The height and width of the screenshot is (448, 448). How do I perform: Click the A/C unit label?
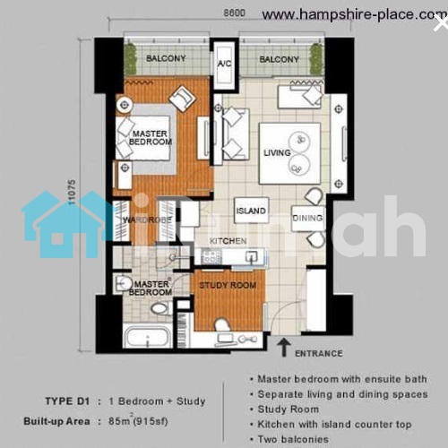(x=224, y=64)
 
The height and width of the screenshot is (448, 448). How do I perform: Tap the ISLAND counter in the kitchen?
(x=251, y=211)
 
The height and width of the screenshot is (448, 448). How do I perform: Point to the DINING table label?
(x=307, y=218)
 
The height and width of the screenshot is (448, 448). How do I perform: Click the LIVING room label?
(x=277, y=153)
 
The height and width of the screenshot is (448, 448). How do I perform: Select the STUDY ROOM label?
(x=228, y=286)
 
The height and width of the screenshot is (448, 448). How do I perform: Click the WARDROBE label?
(x=148, y=220)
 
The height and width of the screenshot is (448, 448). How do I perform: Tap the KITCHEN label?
(x=228, y=241)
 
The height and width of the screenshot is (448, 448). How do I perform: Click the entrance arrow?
(x=284, y=348)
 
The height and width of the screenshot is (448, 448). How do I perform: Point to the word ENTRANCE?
(x=319, y=354)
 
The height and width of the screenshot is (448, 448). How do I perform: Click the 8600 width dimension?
(x=235, y=13)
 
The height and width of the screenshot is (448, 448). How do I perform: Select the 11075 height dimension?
(x=72, y=192)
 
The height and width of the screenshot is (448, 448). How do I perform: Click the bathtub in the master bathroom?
(x=147, y=337)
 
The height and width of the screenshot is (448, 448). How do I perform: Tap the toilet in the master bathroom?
(x=161, y=308)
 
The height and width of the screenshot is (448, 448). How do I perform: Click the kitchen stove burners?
(x=211, y=256)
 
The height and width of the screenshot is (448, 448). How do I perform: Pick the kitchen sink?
(x=252, y=256)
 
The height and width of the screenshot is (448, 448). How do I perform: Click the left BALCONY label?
(x=166, y=58)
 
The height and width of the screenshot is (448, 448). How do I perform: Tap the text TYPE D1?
(x=67, y=401)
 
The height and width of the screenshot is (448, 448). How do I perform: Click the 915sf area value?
(x=151, y=421)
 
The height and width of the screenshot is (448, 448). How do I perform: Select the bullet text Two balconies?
(x=293, y=439)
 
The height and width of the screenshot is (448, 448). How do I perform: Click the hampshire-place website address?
(x=355, y=14)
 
